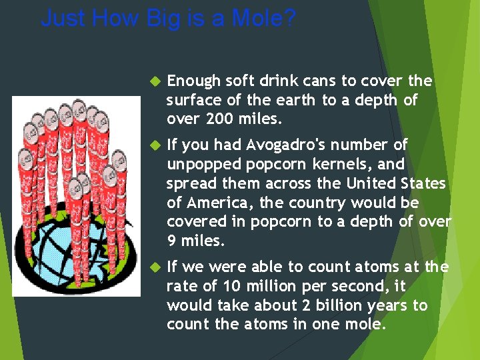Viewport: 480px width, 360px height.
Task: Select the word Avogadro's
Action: point(299,145)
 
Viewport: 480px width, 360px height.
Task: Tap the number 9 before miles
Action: point(171,240)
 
